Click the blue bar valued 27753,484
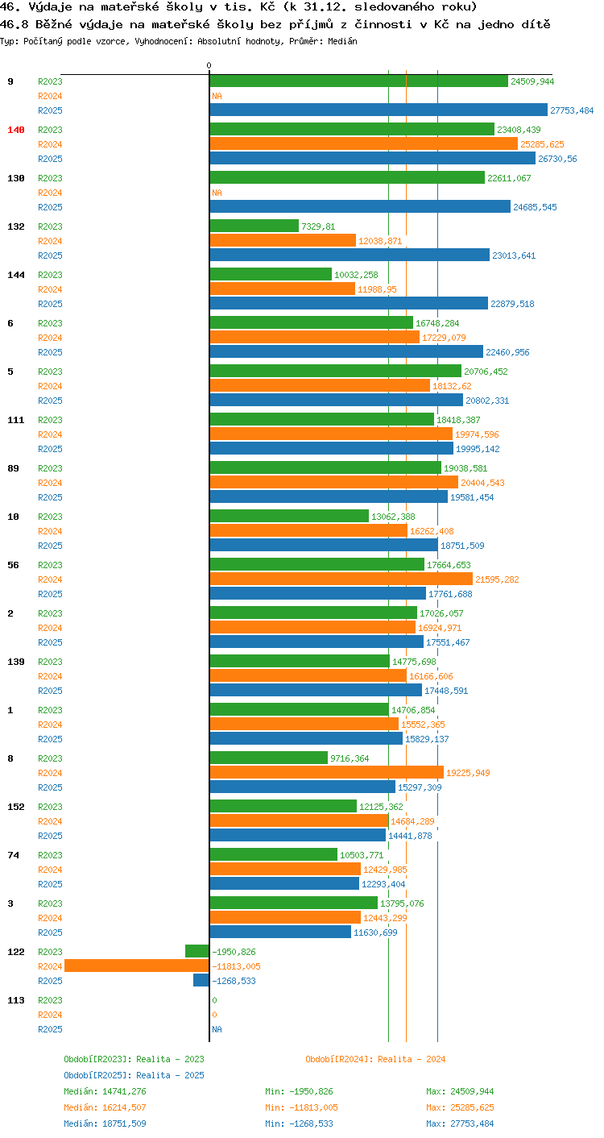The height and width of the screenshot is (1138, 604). (x=379, y=110)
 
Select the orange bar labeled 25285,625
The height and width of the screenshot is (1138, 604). (x=363, y=144)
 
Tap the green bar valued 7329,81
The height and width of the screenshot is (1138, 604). (x=254, y=226)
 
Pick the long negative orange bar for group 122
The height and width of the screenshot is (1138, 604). (x=137, y=966)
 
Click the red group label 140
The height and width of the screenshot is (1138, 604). (x=16, y=130)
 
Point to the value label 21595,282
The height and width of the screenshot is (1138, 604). (x=497, y=579)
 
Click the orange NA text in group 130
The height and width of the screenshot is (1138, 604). (x=217, y=193)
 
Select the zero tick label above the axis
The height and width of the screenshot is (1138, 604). (x=209, y=65)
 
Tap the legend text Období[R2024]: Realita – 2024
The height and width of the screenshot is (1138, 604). (x=375, y=1059)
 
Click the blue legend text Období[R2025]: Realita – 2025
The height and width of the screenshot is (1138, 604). (x=134, y=1075)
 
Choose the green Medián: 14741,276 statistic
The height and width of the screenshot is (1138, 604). (x=105, y=1091)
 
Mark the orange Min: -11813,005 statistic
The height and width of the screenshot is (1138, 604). (x=301, y=1107)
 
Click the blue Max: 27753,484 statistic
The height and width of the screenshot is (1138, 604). (x=460, y=1123)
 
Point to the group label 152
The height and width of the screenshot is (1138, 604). (x=16, y=807)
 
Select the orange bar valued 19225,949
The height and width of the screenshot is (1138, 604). (x=326, y=772)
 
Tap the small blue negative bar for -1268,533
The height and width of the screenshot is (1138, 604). (x=201, y=980)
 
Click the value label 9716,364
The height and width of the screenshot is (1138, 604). (x=350, y=758)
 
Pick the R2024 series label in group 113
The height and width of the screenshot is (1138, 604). (x=50, y=1015)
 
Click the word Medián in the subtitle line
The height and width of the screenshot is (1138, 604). (x=342, y=42)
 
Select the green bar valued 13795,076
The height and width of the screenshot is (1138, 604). (x=293, y=903)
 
